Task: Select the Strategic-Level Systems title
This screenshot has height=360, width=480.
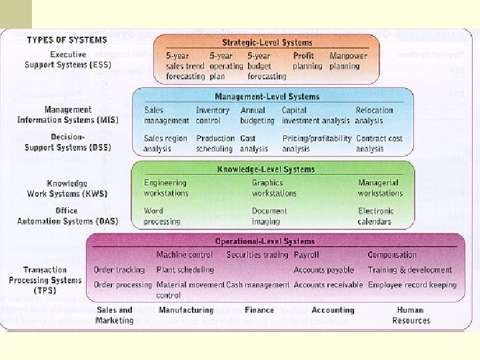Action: click(x=267, y=43)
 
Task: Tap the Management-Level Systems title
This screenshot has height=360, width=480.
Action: click(x=267, y=97)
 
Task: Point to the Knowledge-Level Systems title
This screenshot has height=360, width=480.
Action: click(x=266, y=169)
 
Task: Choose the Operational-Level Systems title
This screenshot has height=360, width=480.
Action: click(x=265, y=241)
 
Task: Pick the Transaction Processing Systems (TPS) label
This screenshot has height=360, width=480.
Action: click(x=45, y=280)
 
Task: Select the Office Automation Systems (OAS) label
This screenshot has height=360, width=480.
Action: click(x=67, y=215)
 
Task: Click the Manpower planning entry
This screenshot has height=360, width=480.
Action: click(x=347, y=61)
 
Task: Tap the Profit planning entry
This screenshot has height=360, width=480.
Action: click(x=308, y=61)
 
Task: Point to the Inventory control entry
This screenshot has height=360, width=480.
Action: click(x=213, y=115)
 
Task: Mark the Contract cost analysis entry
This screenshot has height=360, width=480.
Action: click(x=379, y=143)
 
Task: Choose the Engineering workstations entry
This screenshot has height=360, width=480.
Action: click(x=166, y=187)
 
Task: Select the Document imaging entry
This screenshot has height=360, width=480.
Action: click(x=269, y=215)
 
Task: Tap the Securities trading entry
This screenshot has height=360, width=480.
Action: click(x=257, y=255)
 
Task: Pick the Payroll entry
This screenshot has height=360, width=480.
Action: click(x=306, y=255)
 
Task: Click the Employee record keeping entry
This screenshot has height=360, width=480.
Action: click(x=412, y=285)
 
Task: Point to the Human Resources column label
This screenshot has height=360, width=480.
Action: click(x=411, y=315)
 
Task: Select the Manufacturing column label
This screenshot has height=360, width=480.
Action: click(x=186, y=310)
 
